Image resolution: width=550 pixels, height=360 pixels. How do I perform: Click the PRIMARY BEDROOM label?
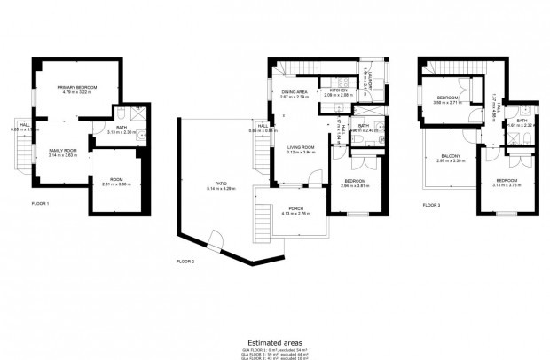click(x=77, y=86)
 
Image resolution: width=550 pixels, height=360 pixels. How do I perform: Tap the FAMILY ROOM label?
click(x=62, y=151)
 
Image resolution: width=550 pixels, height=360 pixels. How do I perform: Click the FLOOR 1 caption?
click(x=40, y=204)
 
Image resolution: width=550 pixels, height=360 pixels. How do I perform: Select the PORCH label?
click(x=295, y=210)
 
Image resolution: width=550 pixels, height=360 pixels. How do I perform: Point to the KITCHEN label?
click(x=340, y=90)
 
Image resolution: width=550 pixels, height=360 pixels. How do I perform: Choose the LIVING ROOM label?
click(x=302, y=148)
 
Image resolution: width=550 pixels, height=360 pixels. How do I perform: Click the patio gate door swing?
click(x=216, y=239)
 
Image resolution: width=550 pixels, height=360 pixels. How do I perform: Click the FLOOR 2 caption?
click(x=185, y=261)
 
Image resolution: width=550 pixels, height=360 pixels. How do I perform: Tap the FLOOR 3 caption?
click(x=431, y=204)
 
